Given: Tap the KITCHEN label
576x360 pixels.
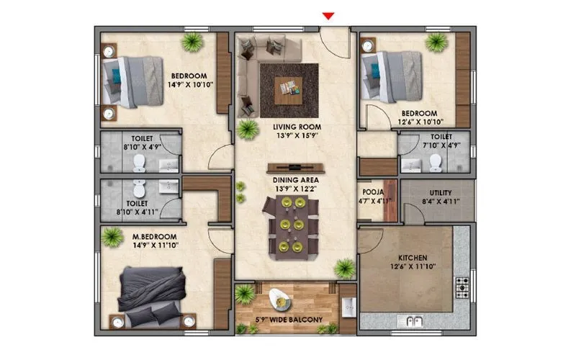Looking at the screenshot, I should tap(413, 258).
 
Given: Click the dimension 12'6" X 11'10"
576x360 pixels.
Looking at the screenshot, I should tap(413, 268).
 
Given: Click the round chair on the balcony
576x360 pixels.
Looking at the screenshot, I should tap(279, 297).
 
